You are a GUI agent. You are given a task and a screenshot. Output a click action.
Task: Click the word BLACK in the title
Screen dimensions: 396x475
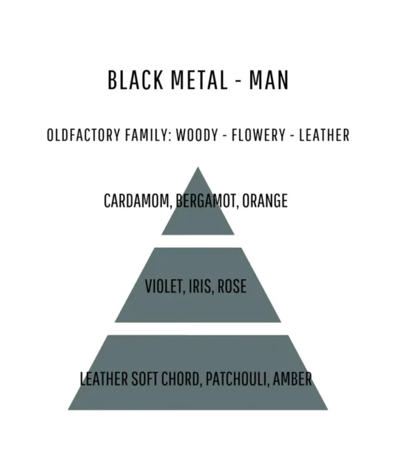point(135,80)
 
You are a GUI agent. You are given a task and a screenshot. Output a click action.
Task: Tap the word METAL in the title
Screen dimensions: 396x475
point(199,80)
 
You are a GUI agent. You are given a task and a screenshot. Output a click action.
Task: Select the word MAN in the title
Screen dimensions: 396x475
point(269,80)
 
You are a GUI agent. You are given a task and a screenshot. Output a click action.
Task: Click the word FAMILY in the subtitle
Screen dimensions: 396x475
point(148,135)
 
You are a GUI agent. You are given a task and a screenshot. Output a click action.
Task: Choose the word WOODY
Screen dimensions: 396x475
point(197,135)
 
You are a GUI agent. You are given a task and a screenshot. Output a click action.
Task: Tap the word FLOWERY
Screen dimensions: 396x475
point(258,135)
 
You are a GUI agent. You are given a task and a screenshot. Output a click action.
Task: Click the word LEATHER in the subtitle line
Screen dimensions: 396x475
point(324,135)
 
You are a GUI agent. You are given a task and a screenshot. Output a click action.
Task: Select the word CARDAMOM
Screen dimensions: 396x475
point(138,201)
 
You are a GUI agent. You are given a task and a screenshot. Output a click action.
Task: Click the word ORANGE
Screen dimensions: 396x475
point(265,201)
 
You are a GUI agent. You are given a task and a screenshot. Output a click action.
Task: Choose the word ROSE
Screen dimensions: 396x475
point(232,286)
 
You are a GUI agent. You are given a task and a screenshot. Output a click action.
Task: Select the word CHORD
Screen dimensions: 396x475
point(181,379)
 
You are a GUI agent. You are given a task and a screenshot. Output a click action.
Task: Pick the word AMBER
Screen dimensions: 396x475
point(292,378)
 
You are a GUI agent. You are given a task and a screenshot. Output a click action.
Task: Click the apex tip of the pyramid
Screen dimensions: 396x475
point(198,167)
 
